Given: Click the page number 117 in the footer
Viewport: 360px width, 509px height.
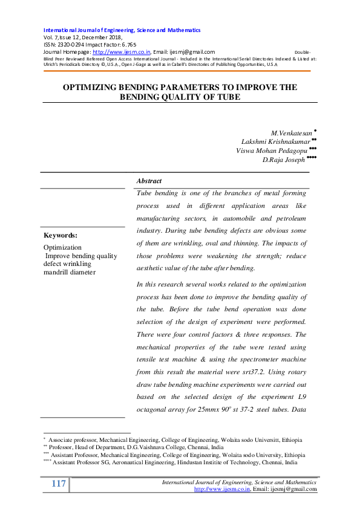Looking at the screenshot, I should click(59, 484).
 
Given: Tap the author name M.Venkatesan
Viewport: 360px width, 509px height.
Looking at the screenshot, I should click(292, 132).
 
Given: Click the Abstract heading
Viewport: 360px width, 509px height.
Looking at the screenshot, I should click(149, 181).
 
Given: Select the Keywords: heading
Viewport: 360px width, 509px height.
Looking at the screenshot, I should click(61, 235).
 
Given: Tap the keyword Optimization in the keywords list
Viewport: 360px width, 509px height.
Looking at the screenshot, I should click(62, 248).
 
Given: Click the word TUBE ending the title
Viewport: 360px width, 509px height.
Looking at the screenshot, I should click(228, 97).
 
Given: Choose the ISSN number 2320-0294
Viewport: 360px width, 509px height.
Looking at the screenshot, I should click(71, 45).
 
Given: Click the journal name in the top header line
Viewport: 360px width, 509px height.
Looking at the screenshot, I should click(122, 30).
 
